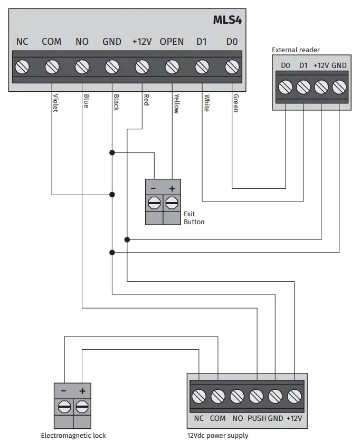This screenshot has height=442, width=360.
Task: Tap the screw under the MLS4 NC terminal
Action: (x=22, y=67)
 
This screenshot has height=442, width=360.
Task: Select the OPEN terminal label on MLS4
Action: (x=172, y=42)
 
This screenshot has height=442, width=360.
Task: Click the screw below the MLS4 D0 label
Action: (x=232, y=67)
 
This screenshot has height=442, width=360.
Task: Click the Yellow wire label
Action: (x=176, y=102)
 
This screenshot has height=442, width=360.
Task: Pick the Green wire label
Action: (x=235, y=102)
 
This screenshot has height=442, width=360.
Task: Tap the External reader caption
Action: (x=296, y=50)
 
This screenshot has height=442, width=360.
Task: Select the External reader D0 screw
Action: (x=286, y=87)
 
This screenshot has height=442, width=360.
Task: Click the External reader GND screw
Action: (x=339, y=87)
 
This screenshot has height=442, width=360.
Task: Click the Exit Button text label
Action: (x=194, y=218)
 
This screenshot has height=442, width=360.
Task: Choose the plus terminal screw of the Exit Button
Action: (x=172, y=203)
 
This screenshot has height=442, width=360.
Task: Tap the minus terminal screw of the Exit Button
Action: (x=154, y=203)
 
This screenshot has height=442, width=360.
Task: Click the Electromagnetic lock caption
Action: (x=73, y=435)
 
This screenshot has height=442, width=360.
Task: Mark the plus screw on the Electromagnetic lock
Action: (x=82, y=407)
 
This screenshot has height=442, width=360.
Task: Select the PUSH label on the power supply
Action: (x=257, y=418)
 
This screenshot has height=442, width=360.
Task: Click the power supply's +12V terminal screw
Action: (x=294, y=396)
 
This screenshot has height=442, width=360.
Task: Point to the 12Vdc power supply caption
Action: (x=217, y=435)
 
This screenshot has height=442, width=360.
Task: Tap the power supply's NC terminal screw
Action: (x=199, y=396)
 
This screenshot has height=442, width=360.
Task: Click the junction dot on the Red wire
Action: (x=127, y=239)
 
